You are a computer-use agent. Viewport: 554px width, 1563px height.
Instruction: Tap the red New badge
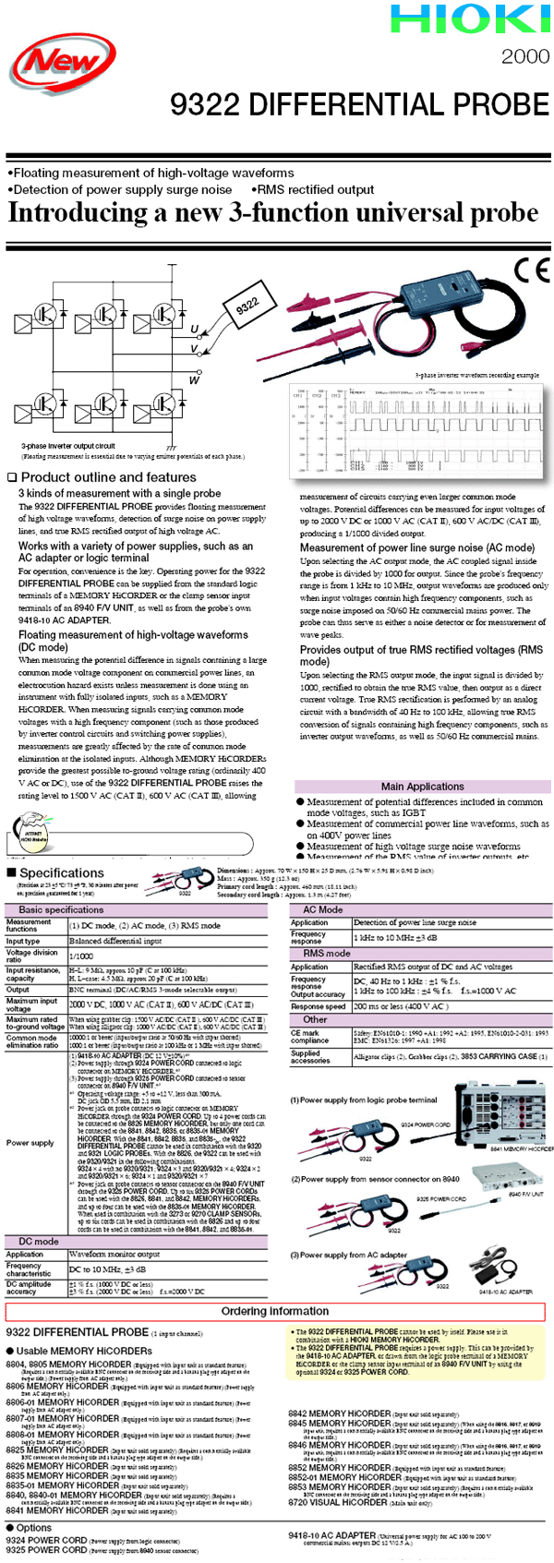click(63, 64)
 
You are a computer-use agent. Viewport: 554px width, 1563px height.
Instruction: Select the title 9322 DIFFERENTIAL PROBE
click(359, 104)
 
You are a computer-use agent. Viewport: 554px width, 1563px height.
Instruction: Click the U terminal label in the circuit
click(195, 330)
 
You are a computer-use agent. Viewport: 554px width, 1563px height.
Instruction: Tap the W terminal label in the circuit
click(195, 379)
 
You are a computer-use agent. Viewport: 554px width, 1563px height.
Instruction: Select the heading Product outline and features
click(102, 477)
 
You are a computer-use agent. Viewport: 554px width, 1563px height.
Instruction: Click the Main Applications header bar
click(422, 787)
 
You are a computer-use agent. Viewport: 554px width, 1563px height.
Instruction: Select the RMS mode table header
click(327, 953)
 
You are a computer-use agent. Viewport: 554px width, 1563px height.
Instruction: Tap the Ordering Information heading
click(275, 1311)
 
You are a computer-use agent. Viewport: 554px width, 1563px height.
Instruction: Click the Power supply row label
click(30, 1143)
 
